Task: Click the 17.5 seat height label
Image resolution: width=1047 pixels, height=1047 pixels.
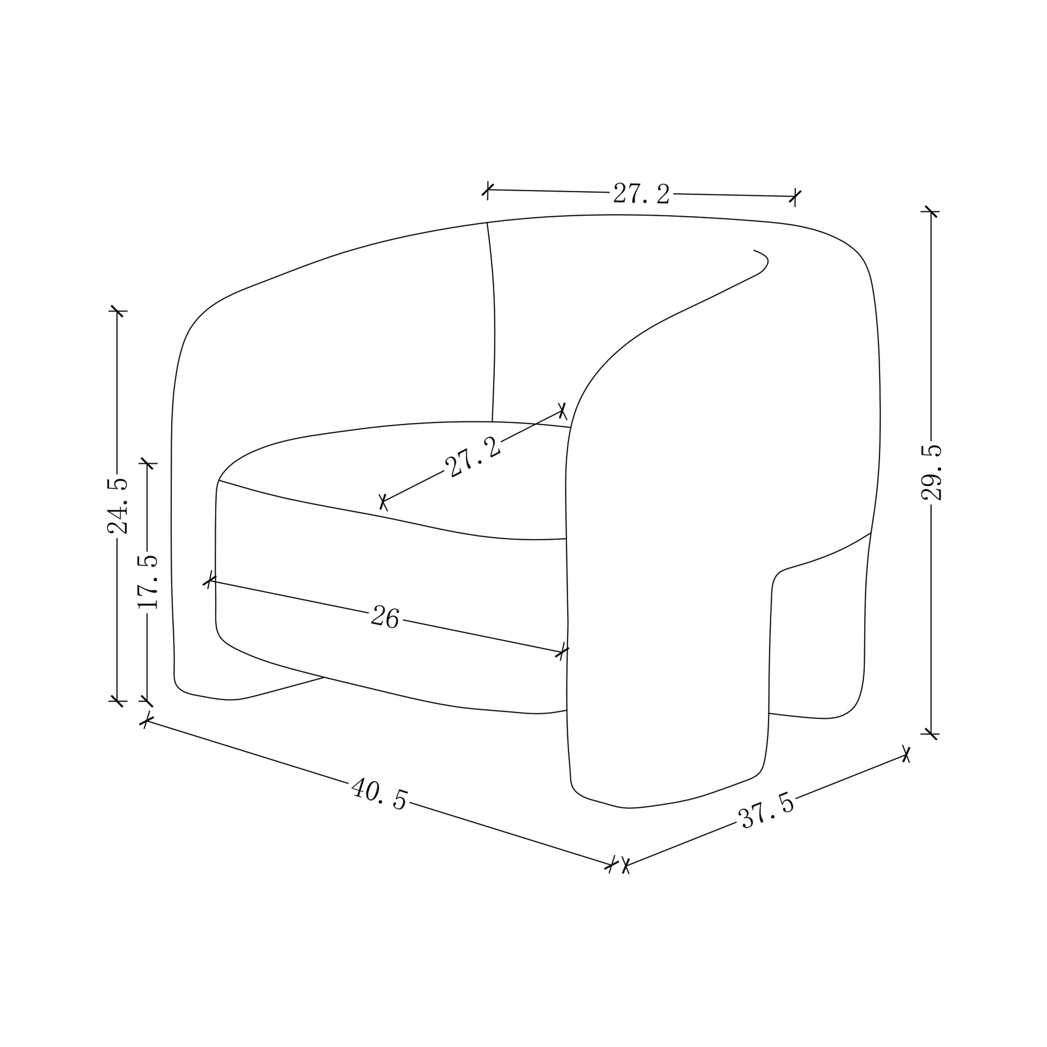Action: [147, 581]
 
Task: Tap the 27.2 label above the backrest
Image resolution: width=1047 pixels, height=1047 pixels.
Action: [641, 193]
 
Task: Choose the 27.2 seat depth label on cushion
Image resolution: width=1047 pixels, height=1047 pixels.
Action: [473, 458]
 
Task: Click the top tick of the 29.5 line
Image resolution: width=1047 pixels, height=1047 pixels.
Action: [931, 211]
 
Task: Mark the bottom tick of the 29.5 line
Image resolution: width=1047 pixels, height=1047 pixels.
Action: [931, 734]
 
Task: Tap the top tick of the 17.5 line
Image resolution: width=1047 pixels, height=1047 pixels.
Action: [147, 463]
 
